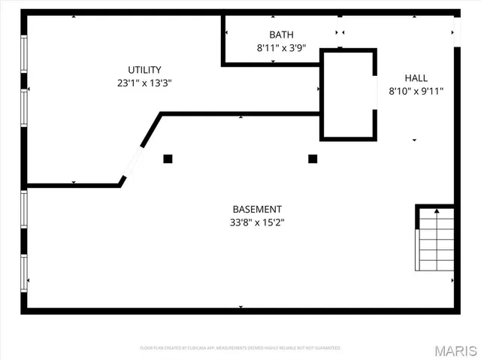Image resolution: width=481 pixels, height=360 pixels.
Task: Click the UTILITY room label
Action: (145, 70)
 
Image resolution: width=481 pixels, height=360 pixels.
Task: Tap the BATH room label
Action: (281, 35)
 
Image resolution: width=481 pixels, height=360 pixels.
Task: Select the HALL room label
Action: (416, 78)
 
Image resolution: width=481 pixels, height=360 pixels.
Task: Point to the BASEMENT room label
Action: (257, 209)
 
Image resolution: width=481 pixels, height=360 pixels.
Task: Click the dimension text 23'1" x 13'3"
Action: (145, 83)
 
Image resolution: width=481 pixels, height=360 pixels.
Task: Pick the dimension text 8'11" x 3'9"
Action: (281, 48)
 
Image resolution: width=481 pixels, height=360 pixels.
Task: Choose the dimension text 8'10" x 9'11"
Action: (416, 92)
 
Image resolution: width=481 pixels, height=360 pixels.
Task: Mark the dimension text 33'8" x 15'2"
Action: (257, 222)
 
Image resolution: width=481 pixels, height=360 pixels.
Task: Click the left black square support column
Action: (168, 159)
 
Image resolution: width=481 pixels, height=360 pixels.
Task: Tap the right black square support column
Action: (313, 159)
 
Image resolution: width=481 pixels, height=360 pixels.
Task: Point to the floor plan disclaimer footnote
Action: (240, 348)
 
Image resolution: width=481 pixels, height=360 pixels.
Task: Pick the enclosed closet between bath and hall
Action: (348, 95)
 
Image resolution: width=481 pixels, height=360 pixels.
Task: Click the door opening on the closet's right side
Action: (376, 93)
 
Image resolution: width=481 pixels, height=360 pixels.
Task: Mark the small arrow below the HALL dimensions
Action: (414, 140)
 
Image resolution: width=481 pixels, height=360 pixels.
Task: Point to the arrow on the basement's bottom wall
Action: (240, 307)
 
